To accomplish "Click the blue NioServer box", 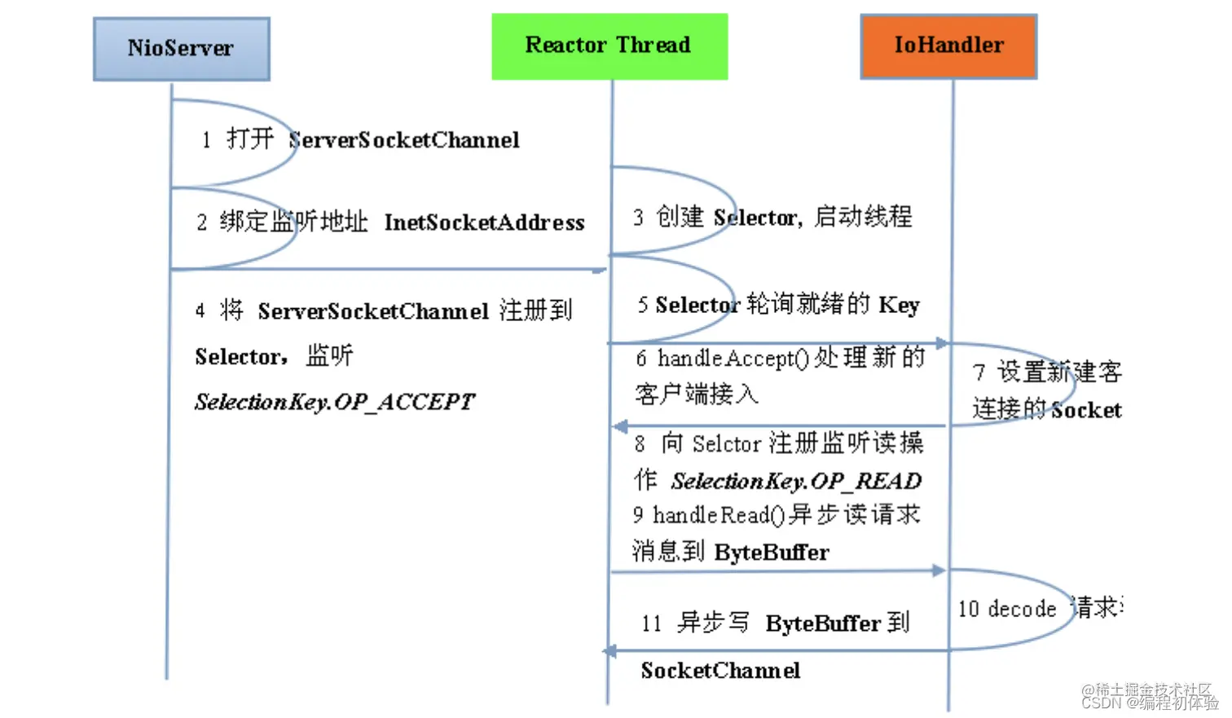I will [x=181, y=49].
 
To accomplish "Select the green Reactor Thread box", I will [x=609, y=46].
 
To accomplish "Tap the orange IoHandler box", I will [x=948, y=46].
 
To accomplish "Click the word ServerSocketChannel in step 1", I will [x=404, y=140].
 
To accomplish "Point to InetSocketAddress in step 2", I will [x=484, y=222].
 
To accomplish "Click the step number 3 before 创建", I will [x=638, y=218].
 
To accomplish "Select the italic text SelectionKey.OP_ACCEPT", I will [x=334, y=402].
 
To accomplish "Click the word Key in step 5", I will [x=899, y=305].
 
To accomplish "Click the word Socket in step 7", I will [x=1086, y=410].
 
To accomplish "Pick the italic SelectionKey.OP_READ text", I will [x=796, y=481].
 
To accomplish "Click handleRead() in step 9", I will [x=719, y=515].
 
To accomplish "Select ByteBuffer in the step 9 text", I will [x=771, y=553].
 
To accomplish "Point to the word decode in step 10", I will [x=1022, y=609].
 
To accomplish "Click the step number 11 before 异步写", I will [x=651, y=624].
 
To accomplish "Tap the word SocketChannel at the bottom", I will [x=720, y=671].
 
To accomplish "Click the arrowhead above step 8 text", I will [x=619, y=426].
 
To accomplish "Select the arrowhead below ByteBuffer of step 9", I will [x=939, y=570].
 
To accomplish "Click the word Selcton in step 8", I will [x=726, y=444].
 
